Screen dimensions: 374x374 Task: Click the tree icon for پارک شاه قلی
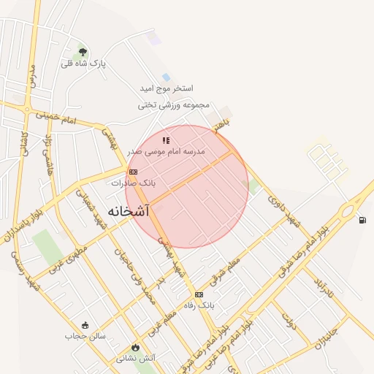(83, 52)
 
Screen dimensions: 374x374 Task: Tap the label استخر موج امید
(166, 88)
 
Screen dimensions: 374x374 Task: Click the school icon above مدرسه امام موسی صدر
(167, 140)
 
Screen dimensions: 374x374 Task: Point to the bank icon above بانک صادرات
(133, 172)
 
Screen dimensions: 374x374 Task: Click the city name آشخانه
(128, 211)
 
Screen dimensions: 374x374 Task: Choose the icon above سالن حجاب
(85, 325)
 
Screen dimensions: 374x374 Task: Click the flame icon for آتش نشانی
(134, 348)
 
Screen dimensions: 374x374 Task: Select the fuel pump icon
(362, 220)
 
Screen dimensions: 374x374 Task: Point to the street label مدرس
(32, 75)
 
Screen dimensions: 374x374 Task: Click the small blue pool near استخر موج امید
(167, 77)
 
